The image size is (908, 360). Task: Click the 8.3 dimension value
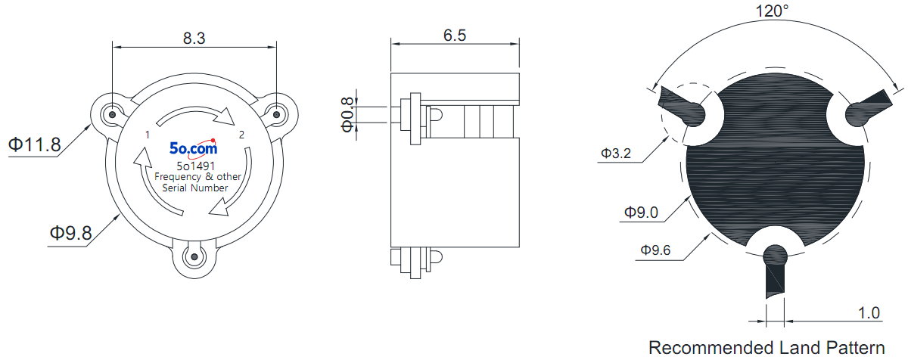pyautogui.click(x=194, y=38)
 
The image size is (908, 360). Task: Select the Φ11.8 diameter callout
pyautogui.click(x=35, y=144)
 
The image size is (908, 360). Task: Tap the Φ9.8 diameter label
pyautogui.click(x=71, y=233)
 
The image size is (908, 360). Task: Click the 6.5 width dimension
pyautogui.click(x=455, y=36)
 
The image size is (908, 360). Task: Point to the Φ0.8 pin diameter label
pyautogui.click(x=347, y=115)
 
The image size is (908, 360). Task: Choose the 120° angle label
pyautogui.click(x=773, y=11)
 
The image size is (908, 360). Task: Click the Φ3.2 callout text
pyautogui.click(x=616, y=153)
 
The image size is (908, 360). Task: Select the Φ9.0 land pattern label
pyautogui.click(x=641, y=213)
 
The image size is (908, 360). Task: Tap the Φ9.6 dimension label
pyautogui.click(x=655, y=250)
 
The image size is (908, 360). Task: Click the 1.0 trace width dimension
pyautogui.click(x=869, y=312)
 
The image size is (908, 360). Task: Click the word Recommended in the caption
pyautogui.click(x=711, y=347)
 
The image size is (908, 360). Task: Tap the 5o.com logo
pyautogui.click(x=194, y=149)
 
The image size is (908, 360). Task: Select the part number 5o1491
pyautogui.click(x=195, y=166)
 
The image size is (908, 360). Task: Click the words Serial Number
pyautogui.click(x=195, y=188)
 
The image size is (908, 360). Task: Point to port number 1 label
pyautogui.click(x=148, y=135)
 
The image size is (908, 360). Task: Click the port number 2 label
pyautogui.click(x=241, y=135)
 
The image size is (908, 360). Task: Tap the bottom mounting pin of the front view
pyautogui.click(x=194, y=256)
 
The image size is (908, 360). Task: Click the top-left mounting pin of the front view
pyautogui.click(x=113, y=115)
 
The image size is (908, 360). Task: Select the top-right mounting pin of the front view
pyautogui.click(x=276, y=115)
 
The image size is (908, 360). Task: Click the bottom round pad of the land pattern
pyautogui.click(x=775, y=256)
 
